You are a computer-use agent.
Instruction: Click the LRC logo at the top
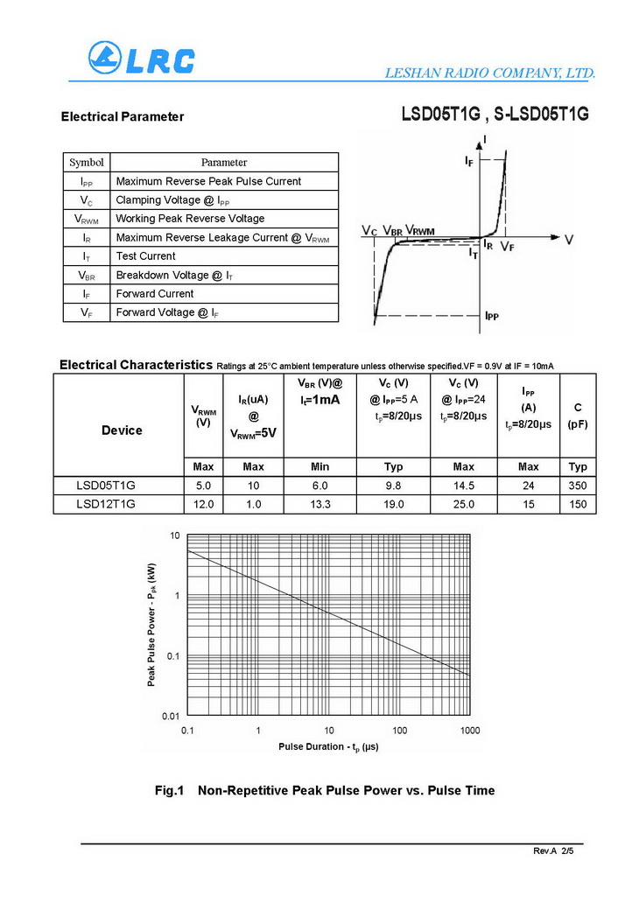click(x=141, y=59)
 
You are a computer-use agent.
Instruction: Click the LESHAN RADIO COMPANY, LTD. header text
click(x=490, y=73)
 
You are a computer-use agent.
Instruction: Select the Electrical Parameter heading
click(x=123, y=116)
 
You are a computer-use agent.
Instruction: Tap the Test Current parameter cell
click(x=145, y=256)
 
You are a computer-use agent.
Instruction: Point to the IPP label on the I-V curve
click(x=492, y=316)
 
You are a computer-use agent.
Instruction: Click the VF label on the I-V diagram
click(x=508, y=248)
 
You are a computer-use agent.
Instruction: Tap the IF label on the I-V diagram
click(x=470, y=161)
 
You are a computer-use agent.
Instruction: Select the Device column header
click(x=122, y=430)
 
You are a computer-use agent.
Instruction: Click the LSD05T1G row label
click(x=106, y=486)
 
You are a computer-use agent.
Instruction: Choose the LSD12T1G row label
click(x=106, y=504)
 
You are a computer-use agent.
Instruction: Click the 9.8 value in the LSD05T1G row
click(x=394, y=486)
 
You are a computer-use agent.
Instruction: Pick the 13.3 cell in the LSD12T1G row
click(x=320, y=504)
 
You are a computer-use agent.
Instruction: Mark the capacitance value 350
click(x=578, y=486)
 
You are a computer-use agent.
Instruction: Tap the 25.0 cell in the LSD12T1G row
click(x=464, y=504)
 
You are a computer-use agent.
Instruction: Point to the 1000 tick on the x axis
click(x=470, y=730)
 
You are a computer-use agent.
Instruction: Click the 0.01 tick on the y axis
click(x=171, y=717)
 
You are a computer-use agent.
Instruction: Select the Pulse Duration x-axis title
click(x=328, y=746)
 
